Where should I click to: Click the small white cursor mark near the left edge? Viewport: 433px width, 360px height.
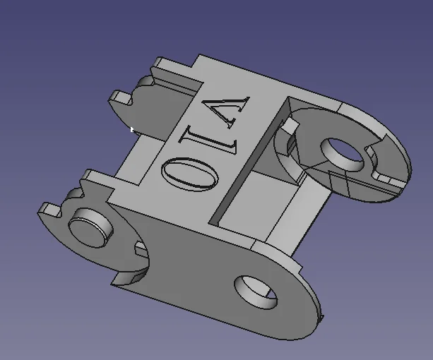point(132,128)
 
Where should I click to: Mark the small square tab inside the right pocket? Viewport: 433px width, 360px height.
point(289,126)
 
